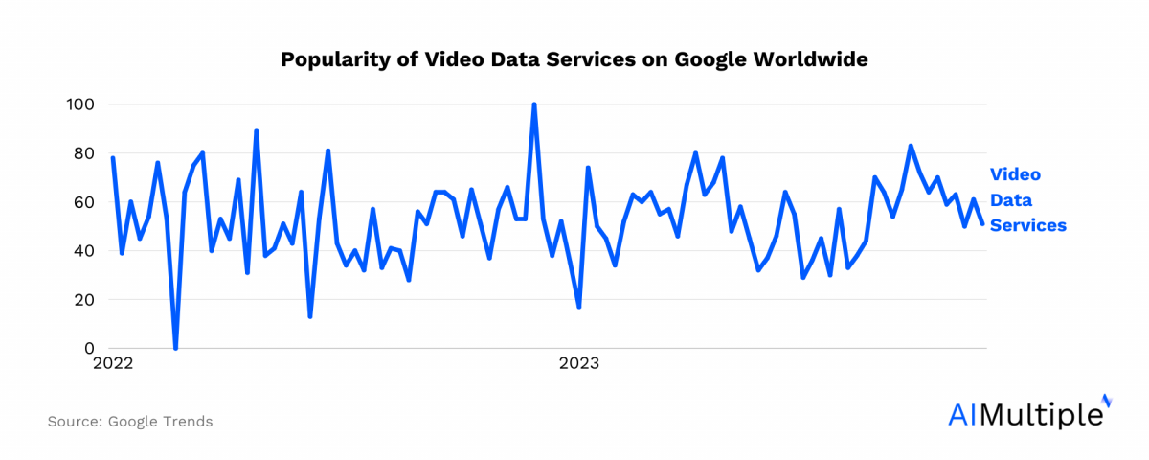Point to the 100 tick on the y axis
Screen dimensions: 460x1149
tap(80, 103)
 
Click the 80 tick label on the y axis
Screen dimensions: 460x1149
tap(84, 153)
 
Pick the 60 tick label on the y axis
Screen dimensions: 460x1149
tap(84, 202)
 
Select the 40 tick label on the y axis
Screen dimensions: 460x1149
tap(84, 251)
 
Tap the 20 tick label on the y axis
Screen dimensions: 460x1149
tap(84, 300)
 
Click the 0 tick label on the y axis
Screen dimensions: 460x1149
tap(89, 349)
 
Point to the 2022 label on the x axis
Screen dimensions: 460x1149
tap(113, 364)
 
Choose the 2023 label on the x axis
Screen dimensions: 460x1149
tap(579, 364)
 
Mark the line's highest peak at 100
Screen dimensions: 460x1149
tap(533, 104)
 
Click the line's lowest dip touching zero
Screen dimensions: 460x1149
tap(175, 348)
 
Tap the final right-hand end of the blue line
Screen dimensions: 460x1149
tap(982, 224)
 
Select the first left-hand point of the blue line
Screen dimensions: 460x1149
tap(113, 158)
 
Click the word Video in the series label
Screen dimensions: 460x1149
tap(1014, 174)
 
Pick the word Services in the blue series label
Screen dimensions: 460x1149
tap(1027, 225)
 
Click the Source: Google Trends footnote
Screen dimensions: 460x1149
tap(130, 422)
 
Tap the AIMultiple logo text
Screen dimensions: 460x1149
tap(1024, 414)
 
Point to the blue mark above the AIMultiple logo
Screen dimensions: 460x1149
tap(1107, 400)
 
